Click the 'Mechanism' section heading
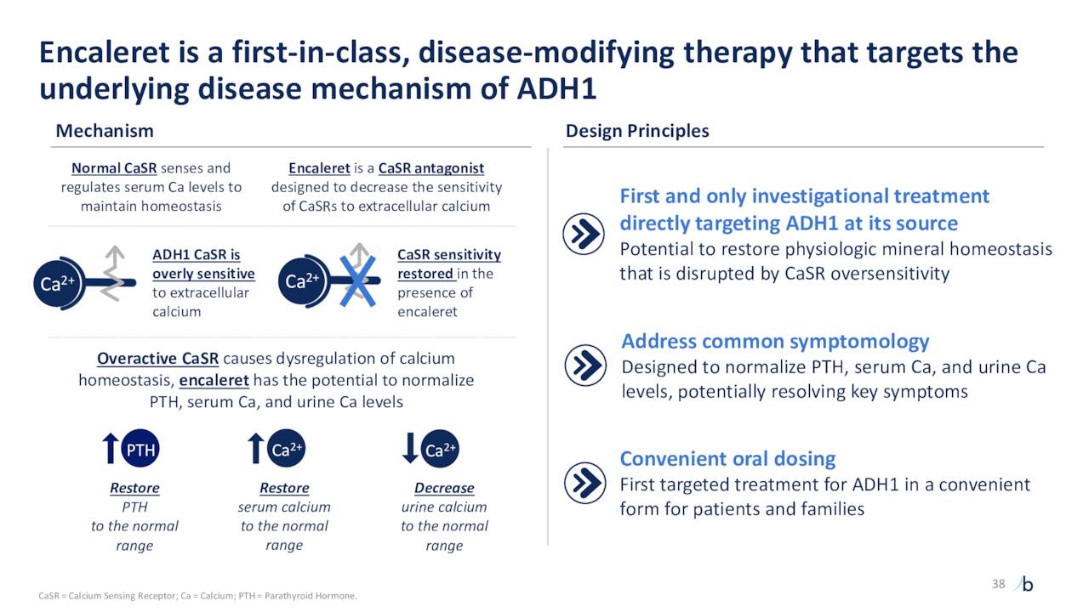pyautogui.click(x=105, y=131)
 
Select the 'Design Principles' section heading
pyautogui.click(x=637, y=131)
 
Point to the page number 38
pyautogui.click(x=999, y=583)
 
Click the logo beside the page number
pyautogui.click(x=1025, y=584)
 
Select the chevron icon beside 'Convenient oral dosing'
pyautogui.click(x=585, y=483)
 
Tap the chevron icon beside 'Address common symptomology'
pyautogui.click(x=585, y=365)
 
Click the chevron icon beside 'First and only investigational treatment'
pyautogui.click(x=585, y=235)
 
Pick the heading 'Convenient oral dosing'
pyautogui.click(x=727, y=459)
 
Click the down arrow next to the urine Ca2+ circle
pyautogui.click(x=410, y=448)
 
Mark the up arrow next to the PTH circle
pyautogui.click(x=110, y=448)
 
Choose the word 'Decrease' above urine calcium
pyautogui.click(x=444, y=489)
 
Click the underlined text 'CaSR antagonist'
pyautogui.click(x=431, y=168)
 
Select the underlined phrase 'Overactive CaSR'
pyautogui.click(x=157, y=359)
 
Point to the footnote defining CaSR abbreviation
pyautogui.click(x=198, y=596)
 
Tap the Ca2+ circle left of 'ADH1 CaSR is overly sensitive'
pyautogui.click(x=55, y=284)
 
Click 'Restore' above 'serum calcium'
pyautogui.click(x=284, y=489)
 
